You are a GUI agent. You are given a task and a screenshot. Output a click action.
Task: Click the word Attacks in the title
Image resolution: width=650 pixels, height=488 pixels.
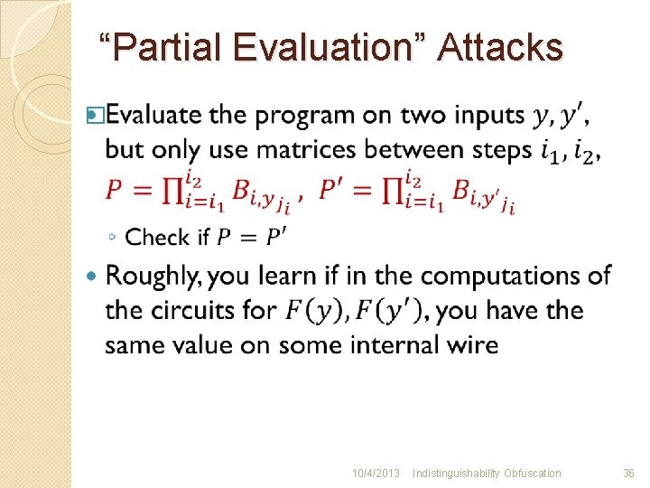pyautogui.click(x=499, y=47)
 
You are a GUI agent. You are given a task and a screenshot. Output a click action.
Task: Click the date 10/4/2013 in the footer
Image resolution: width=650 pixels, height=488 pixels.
pyautogui.click(x=376, y=474)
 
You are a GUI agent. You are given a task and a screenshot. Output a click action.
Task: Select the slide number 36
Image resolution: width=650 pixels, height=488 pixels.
pyautogui.click(x=628, y=474)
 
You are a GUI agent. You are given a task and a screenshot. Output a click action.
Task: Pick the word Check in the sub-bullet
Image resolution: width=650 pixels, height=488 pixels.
pyautogui.click(x=154, y=238)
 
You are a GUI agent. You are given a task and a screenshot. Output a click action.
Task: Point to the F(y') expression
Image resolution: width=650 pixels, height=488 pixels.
pyautogui.click(x=380, y=310)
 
